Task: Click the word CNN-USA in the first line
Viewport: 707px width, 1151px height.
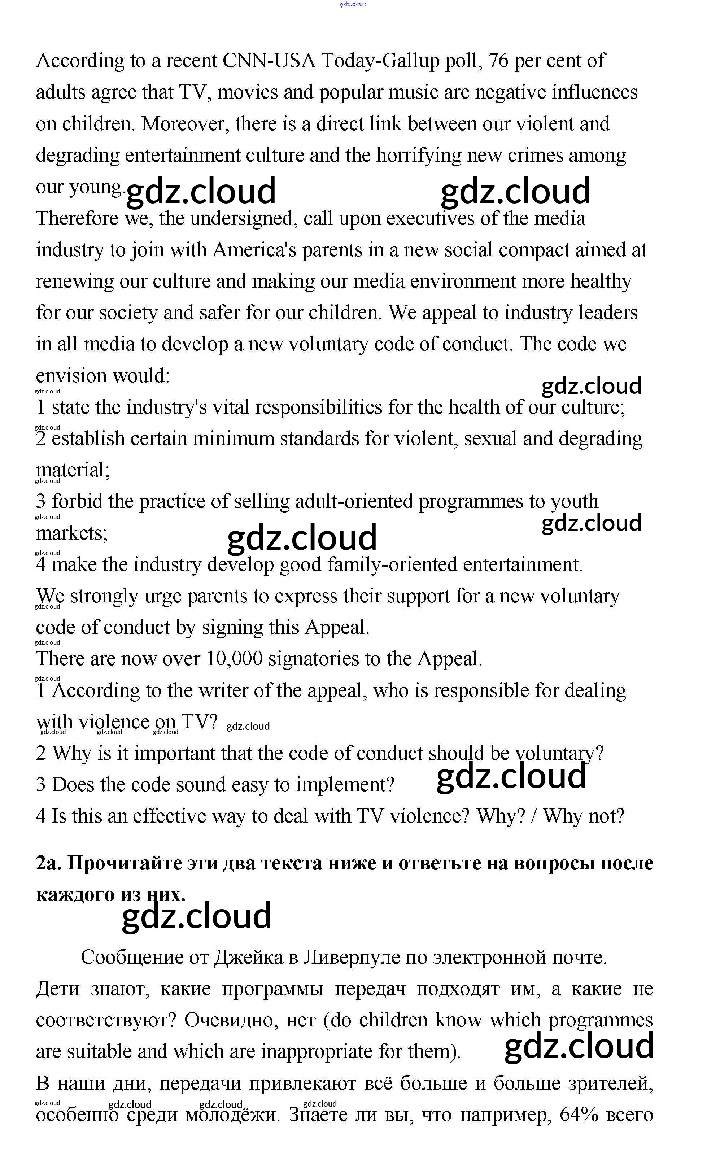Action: (269, 61)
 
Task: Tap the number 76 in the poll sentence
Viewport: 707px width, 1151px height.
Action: (498, 61)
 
